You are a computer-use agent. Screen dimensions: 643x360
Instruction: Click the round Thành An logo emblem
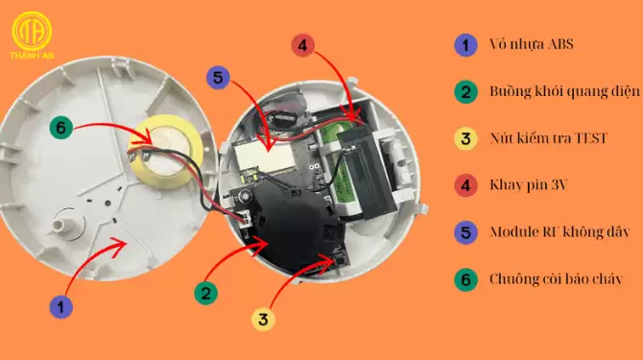(32, 31)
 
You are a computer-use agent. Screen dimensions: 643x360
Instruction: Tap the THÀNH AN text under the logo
(32, 56)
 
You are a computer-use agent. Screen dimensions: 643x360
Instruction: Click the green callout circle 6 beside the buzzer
(61, 128)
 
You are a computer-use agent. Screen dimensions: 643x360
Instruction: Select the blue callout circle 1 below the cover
(61, 307)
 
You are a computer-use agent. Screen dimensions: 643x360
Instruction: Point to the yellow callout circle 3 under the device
(263, 319)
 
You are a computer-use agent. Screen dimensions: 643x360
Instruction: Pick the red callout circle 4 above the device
(303, 45)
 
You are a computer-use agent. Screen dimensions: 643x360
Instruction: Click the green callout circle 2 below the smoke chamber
(206, 293)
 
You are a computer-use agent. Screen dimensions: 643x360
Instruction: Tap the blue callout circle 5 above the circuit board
(218, 77)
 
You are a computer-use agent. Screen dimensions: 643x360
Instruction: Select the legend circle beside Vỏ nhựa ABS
(465, 45)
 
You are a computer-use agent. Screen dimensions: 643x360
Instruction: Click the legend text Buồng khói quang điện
(564, 91)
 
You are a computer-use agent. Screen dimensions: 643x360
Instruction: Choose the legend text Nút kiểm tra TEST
(548, 138)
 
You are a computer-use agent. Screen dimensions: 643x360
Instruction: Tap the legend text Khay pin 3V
(529, 185)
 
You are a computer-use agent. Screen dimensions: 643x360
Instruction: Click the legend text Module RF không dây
(560, 232)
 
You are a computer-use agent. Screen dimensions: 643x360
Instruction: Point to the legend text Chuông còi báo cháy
(557, 279)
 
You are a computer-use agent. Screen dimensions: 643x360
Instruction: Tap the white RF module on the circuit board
(265, 156)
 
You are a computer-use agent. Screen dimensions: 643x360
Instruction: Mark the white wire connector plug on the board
(245, 218)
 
